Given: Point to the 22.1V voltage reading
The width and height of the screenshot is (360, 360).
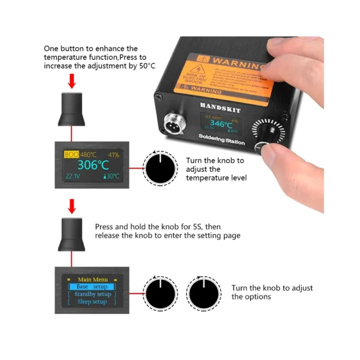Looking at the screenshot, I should click(72, 176).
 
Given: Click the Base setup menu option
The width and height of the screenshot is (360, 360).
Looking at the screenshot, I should click(92, 287).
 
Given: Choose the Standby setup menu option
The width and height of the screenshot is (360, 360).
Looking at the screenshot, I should click(92, 294).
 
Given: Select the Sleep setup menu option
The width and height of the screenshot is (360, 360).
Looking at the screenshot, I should click(92, 302).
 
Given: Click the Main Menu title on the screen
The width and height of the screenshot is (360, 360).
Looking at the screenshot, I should click(92, 279).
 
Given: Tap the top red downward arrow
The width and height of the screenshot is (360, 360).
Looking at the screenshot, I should click(72, 80).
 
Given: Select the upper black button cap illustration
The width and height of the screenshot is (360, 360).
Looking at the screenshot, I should click(72, 109).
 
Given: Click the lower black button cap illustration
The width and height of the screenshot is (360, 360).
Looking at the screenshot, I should click(72, 235).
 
